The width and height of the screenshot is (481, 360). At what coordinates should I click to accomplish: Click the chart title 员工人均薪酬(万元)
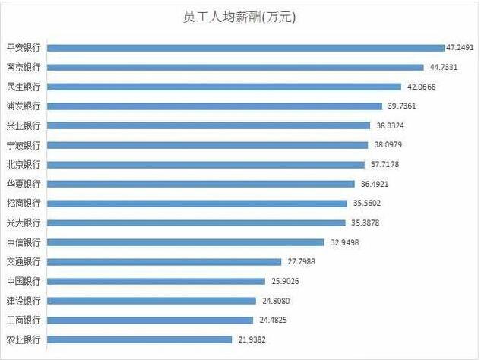[x=239, y=17]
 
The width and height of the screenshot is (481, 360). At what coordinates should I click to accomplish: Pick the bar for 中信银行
[x=185, y=242]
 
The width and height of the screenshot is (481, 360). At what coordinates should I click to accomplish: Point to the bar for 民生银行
[x=224, y=86]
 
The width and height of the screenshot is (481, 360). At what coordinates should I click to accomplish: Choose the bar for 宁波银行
[x=208, y=144]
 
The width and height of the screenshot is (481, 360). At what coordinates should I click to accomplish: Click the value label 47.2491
[x=460, y=47]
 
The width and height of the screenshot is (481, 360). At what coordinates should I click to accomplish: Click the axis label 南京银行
[x=23, y=67]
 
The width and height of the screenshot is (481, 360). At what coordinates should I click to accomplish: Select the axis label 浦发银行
[x=23, y=106]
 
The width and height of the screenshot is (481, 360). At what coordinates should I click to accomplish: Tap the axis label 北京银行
[x=23, y=164]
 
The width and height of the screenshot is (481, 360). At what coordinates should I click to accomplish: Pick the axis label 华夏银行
[x=23, y=184]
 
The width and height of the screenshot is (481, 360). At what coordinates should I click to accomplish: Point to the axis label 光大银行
[x=23, y=223]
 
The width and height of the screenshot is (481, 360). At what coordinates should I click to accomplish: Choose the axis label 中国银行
[x=23, y=281]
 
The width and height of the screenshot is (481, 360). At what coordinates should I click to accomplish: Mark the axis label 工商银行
[x=23, y=320]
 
